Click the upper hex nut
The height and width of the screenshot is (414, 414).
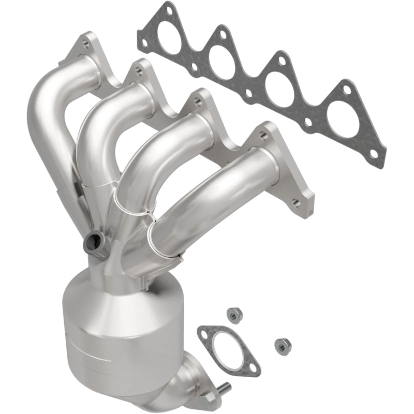233,314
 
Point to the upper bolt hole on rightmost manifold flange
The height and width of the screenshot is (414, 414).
265,136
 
